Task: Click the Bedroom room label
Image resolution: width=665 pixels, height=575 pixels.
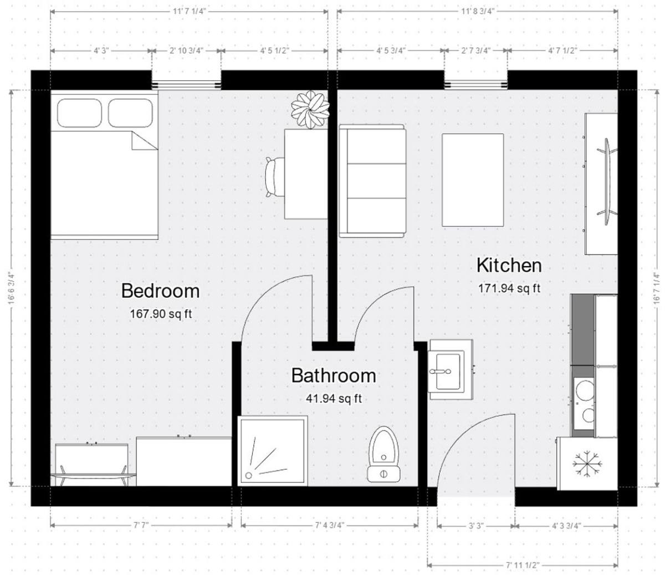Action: tap(160, 291)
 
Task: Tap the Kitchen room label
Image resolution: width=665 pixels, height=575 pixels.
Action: tap(509, 265)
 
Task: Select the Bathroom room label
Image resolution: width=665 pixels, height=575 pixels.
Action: tap(333, 375)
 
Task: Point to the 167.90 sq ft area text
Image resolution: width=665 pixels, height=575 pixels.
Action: tap(161, 314)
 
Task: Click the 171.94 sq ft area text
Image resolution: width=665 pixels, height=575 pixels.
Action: tap(509, 288)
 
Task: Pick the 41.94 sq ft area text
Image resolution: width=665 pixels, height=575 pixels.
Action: tap(334, 399)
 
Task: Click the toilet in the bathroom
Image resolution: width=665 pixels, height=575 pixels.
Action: tap(383, 454)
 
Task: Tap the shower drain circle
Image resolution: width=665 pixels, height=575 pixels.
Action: tap(248, 475)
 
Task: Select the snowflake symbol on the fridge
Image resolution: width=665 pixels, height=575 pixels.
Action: tap(587, 464)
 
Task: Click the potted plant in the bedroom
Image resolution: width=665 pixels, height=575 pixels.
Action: tap(310, 109)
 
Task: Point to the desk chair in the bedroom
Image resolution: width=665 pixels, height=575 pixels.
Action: tap(275, 177)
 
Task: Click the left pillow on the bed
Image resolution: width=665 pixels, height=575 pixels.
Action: tap(79, 113)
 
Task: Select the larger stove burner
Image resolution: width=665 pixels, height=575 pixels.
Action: tap(585, 390)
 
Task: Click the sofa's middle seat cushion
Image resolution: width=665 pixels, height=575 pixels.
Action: tap(376, 181)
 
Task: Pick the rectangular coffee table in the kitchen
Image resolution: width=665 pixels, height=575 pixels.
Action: tap(473, 180)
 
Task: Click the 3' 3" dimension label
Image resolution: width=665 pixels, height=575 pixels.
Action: tap(476, 526)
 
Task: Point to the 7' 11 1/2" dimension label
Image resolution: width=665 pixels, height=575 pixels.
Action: tap(523, 566)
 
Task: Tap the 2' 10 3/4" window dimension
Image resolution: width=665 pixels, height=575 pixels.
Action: tap(186, 50)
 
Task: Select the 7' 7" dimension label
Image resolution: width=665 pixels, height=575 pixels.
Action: tap(141, 526)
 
